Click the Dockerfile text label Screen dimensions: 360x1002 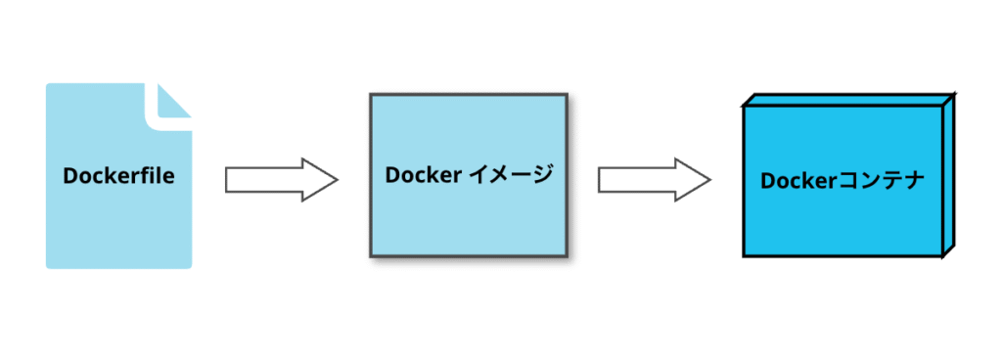(x=118, y=177)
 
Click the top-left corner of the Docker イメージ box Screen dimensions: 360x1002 (x=371, y=96)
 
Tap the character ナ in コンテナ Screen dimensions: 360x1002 (x=913, y=181)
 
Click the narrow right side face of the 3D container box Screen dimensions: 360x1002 (x=947, y=176)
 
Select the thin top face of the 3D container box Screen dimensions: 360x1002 (x=847, y=100)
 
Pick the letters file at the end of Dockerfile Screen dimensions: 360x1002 (x=158, y=177)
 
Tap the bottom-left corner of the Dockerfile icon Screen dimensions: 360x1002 (x=49, y=265)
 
